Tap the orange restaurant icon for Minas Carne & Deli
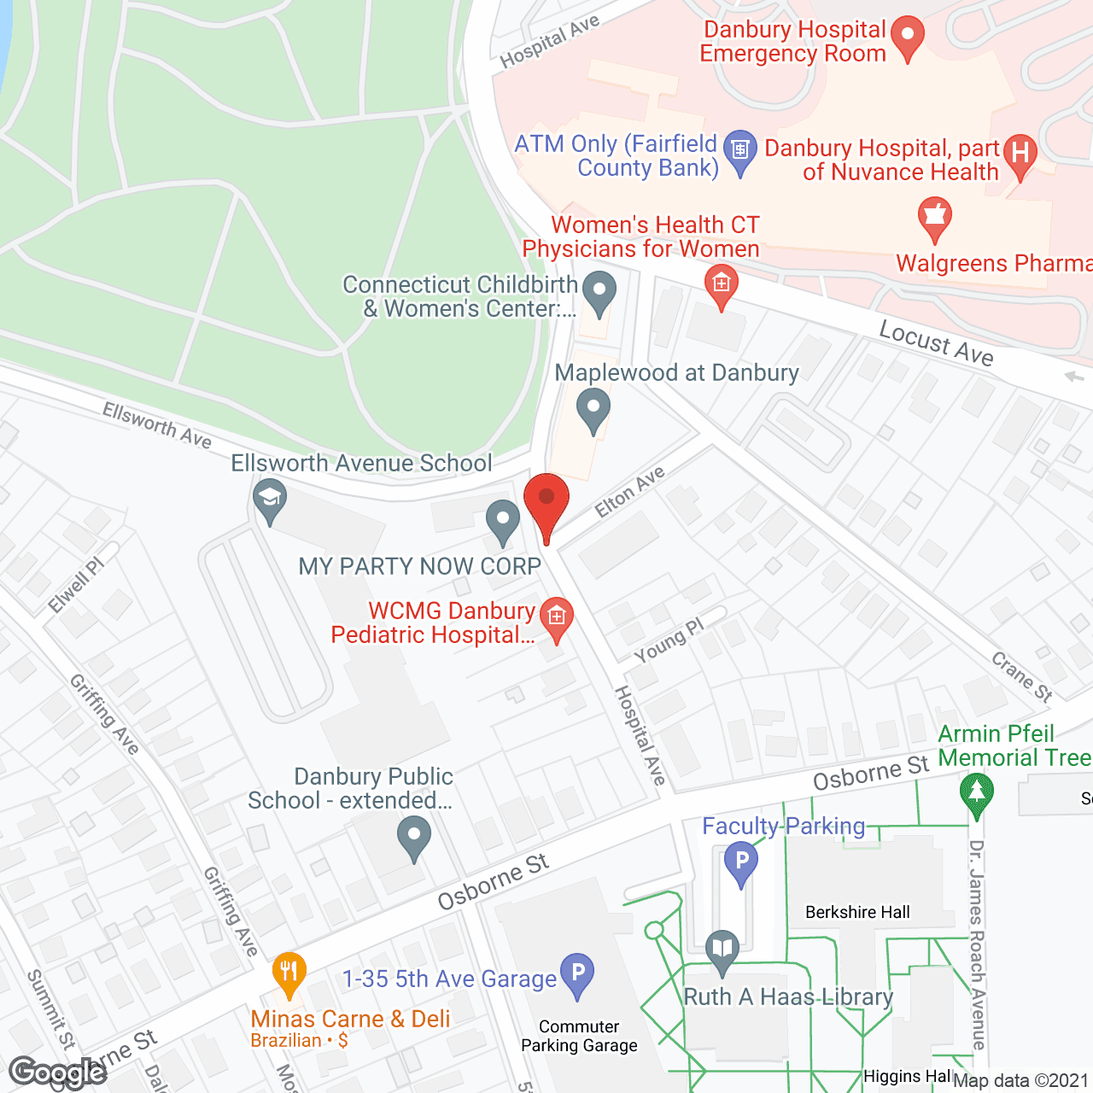pyautogui.click(x=289, y=972)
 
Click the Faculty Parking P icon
pyautogui.click(x=741, y=861)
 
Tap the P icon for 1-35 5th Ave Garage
pyautogui.click(x=577, y=973)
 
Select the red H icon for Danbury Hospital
pyautogui.click(x=1020, y=154)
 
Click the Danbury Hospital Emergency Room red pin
pyautogui.click(x=907, y=36)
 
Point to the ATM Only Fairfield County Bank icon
pyautogui.click(x=739, y=150)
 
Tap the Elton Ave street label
pyautogui.click(x=629, y=493)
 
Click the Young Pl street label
pyautogui.click(x=669, y=640)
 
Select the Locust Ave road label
pyautogui.click(x=936, y=343)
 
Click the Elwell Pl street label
pyautogui.click(x=75, y=585)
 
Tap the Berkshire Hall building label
pyautogui.click(x=857, y=912)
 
